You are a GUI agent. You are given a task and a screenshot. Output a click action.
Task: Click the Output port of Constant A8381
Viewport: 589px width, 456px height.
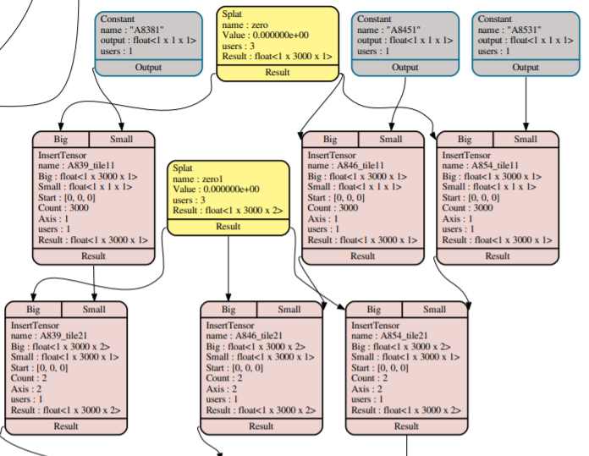pos(148,68)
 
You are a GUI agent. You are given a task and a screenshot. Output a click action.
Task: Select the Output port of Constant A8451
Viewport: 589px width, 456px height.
pos(405,68)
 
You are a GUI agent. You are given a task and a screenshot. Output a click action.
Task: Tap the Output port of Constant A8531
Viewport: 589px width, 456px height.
pos(526,68)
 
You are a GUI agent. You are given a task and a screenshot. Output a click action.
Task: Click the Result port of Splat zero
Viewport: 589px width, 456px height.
pos(277,73)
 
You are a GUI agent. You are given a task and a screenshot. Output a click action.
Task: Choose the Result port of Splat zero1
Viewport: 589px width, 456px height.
pos(228,226)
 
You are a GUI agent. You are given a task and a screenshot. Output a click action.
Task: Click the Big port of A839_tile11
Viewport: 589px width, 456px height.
pos(60,140)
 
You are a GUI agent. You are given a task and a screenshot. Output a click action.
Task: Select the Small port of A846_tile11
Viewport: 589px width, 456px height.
pos(391,140)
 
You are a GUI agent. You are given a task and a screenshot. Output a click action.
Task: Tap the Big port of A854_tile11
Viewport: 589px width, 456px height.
pos(465,140)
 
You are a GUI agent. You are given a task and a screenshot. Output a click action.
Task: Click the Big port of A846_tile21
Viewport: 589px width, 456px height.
pos(228,310)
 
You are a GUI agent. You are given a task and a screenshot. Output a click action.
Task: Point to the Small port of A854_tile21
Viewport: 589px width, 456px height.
pos(434,310)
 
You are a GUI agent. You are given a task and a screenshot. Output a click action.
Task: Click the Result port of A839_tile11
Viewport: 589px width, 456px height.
pos(93,255)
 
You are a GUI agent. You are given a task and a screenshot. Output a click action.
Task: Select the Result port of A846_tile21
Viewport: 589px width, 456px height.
pos(261,426)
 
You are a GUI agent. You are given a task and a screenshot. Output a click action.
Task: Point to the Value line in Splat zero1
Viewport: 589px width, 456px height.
pos(216,190)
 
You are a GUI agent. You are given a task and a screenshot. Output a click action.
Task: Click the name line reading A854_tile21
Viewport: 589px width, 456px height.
pos(394,336)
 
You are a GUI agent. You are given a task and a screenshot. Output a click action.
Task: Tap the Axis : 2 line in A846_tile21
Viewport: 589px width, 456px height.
pos(223,388)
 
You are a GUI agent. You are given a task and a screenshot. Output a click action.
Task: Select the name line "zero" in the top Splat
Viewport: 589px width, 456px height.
pos(245,25)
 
